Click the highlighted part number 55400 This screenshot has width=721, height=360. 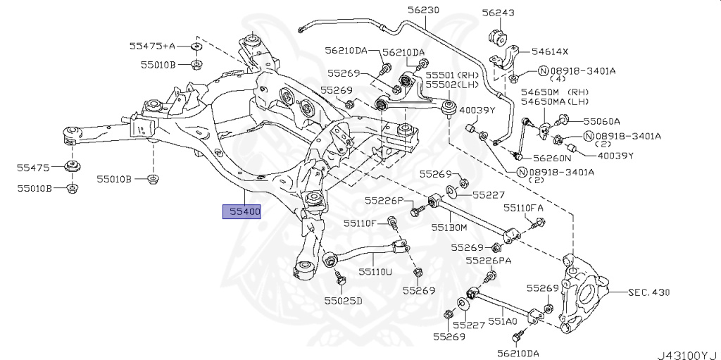coord(242,211)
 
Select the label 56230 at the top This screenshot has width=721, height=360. coord(422,11)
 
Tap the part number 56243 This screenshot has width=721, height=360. coord(498,13)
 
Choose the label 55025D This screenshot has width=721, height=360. coord(343,301)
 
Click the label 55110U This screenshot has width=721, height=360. coord(375,271)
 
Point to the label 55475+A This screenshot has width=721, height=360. coord(151,46)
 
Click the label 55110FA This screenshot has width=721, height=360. coord(523,209)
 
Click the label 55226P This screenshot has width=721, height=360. coord(384,201)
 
